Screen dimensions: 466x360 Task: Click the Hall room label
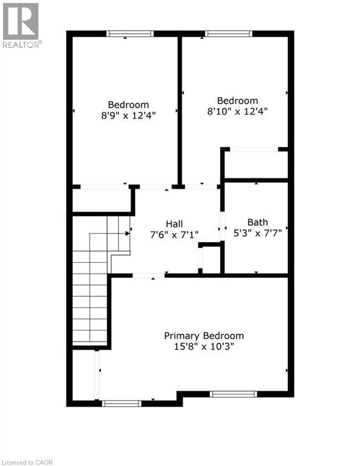(x=174, y=223)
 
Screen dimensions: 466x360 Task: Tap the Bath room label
(x=257, y=222)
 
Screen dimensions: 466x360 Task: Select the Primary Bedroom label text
(x=204, y=336)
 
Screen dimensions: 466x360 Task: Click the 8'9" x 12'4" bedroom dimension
(x=128, y=115)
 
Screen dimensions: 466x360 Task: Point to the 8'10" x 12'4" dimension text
(x=237, y=111)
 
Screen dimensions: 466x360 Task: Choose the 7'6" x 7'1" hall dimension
(x=174, y=234)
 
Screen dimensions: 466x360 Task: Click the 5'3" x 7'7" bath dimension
(x=257, y=232)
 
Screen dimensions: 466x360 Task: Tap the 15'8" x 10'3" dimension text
(x=204, y=346)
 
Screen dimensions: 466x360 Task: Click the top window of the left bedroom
(x=130, y=34)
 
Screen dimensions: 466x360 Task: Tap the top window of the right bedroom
(x=228, y=34)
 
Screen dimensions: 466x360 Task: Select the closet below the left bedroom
(x=101, y=200)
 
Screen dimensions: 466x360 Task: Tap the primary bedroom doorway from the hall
(x=148, y=276)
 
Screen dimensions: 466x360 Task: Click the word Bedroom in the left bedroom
(x=128, y=104)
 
